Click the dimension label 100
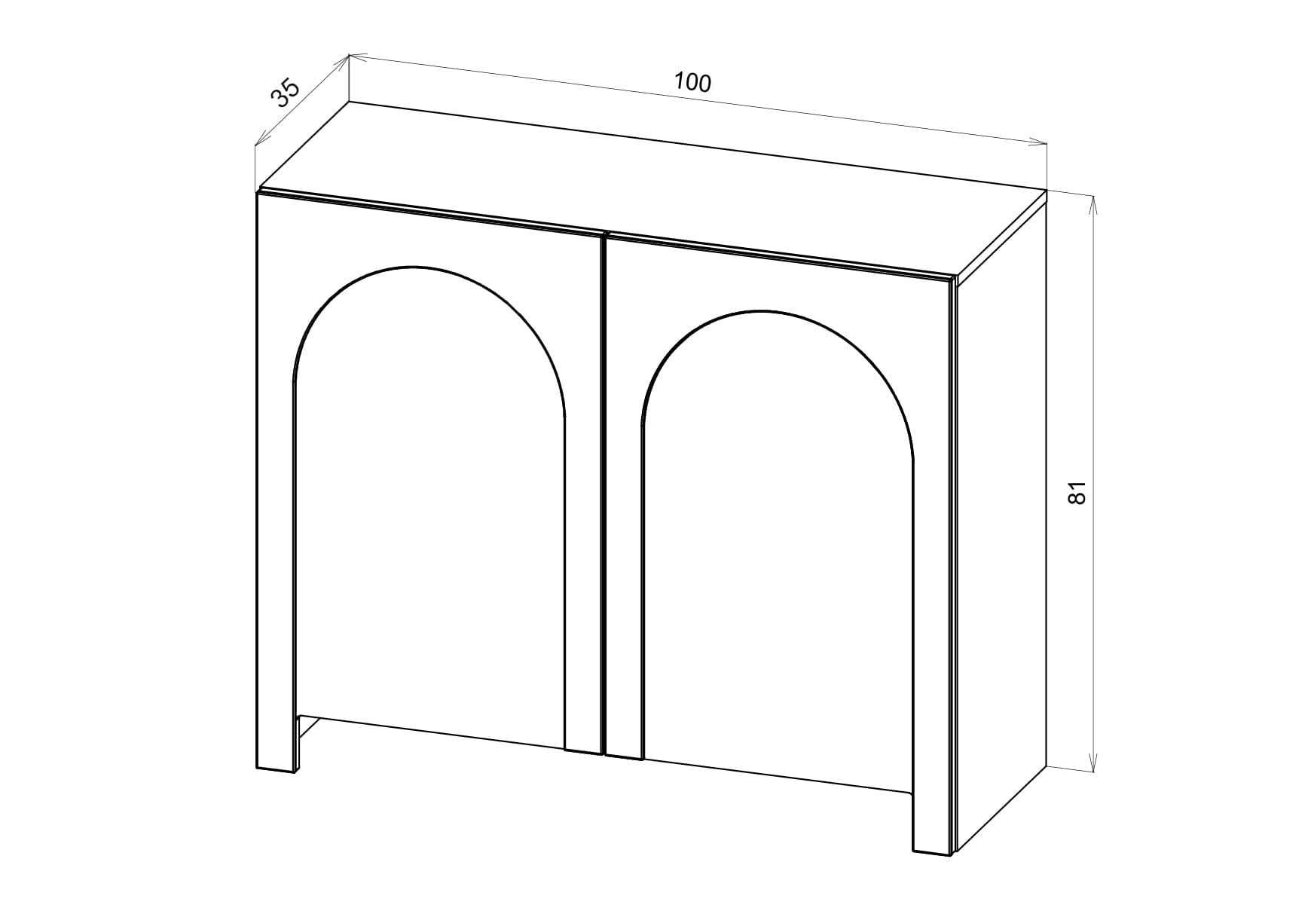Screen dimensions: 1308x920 (x=692, y=81)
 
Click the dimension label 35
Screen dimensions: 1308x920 (x=286, y=93)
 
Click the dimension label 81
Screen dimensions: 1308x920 (x=1077, y=492)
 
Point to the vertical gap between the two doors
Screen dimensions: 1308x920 (x=604, y=494)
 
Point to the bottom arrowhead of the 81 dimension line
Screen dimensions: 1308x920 (x=1093, y=760)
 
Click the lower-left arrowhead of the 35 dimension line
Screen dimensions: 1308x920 (x=261, y=137)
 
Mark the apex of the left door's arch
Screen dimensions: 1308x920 (x=413, y=265)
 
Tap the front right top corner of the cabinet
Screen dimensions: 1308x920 (x=954, y=277)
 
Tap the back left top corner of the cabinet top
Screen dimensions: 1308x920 (x=350, y=101)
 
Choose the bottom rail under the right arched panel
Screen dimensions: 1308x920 (x=778, y=776)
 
